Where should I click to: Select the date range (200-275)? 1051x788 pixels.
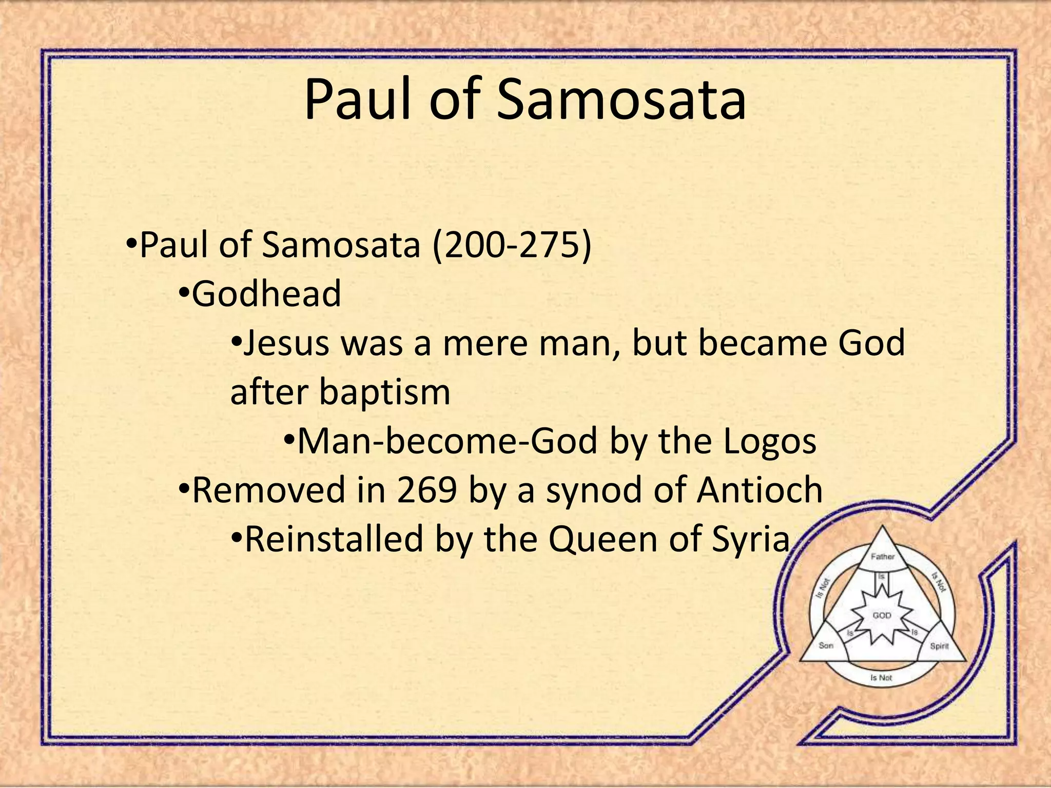coord(512,245)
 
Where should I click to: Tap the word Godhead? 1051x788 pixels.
coord(266,294)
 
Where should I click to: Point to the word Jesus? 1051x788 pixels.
coord(286,343)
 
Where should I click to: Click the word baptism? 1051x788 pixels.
coord(384,392)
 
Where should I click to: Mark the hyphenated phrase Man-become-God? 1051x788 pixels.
coord(447,441)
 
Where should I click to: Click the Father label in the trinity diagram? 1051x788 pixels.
coord(883,556)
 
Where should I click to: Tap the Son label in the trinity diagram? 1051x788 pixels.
coord(826,645)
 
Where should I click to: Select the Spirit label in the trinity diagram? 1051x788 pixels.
coord(940,646)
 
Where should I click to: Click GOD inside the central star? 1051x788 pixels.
coord(882,615)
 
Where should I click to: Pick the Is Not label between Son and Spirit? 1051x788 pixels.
coord(882,678)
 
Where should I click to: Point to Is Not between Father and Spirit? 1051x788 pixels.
coord(939,582)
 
